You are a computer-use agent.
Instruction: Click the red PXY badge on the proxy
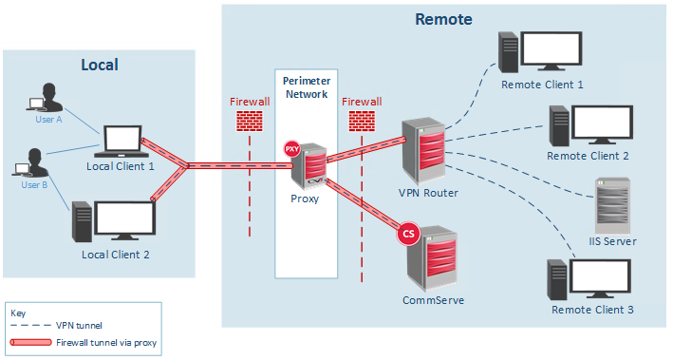[x=292, y=149]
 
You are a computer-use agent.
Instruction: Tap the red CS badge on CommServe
[x=410, y=233]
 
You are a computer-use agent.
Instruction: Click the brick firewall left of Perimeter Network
[x=248, y=121]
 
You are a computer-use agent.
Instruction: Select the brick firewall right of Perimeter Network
[x=361, y=121]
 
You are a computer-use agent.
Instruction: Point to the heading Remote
[x=443, y=19]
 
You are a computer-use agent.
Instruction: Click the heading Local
[x=99, y=65]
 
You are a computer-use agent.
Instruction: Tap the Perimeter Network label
[x=306, y=87]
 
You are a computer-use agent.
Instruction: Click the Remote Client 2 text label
[x=588, y=156]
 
